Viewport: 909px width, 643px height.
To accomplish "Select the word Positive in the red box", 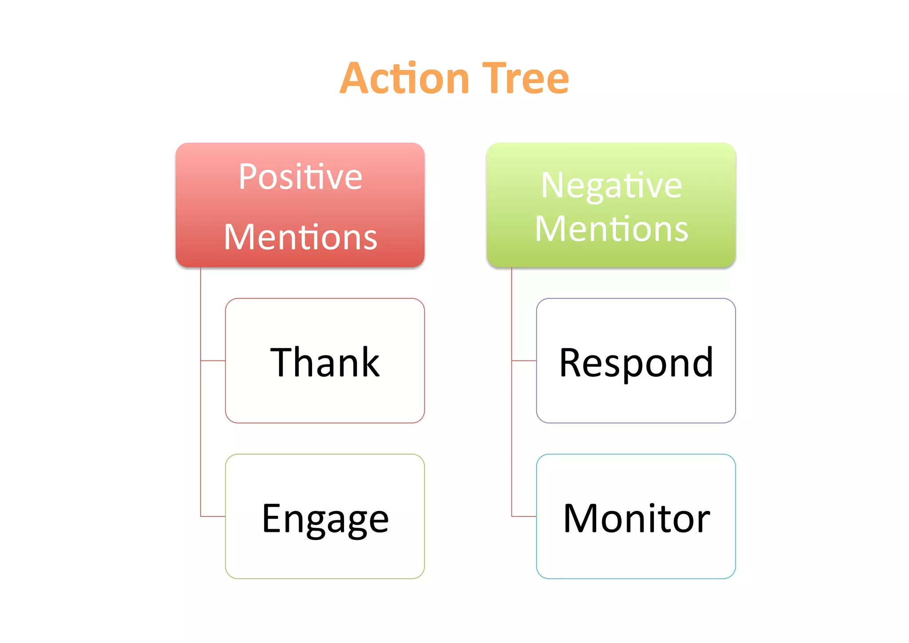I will pos(300,177).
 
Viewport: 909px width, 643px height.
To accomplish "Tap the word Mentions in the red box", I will pos(300,237).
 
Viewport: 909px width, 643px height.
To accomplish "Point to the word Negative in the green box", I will pos(611,186).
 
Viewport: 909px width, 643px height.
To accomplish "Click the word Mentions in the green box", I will pos(611,228).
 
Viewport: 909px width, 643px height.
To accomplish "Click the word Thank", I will pos(325,362).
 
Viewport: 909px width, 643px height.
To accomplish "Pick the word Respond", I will pos(636,362).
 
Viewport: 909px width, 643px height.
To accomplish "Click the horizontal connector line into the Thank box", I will pos(213,360).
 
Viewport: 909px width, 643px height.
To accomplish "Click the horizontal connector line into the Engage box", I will pos(213,516).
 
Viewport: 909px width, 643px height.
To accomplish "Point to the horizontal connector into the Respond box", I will pos(524,360).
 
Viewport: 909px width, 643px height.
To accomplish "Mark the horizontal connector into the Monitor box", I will pos(524,516).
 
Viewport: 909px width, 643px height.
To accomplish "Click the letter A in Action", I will pos(355,79).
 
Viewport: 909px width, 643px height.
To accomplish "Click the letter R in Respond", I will pos(571,362).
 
